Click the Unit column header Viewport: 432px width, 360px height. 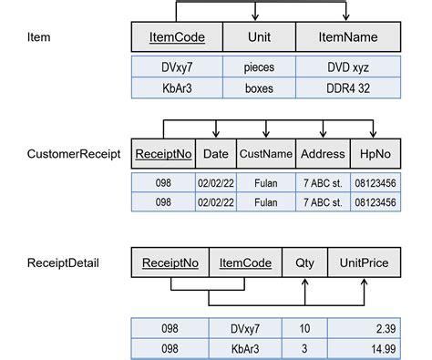[259, 38]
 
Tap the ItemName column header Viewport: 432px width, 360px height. [349, 38]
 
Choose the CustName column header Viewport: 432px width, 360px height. [266, 154]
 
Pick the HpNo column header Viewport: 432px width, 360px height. [376, 154]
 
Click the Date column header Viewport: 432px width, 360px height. [216, 154]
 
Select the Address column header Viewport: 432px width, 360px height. [324, 154]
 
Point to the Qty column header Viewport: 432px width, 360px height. [303, 263]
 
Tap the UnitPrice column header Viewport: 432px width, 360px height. [365, 263]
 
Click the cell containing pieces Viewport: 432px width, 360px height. [259, 67]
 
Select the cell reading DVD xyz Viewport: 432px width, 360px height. [349, 67]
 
